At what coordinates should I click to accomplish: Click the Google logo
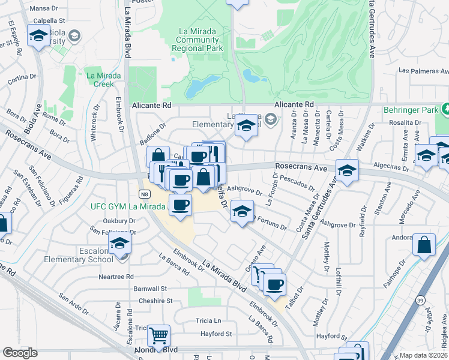coord(20,353)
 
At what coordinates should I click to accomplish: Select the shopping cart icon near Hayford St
coord(158,335)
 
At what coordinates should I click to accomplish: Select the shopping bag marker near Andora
coord(424,245)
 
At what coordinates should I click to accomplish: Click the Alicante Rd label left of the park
coord(152,104)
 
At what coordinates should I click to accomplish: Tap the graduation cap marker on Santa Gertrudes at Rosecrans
coord(347,170)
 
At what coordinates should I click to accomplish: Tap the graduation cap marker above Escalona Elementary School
coord(120,243)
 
